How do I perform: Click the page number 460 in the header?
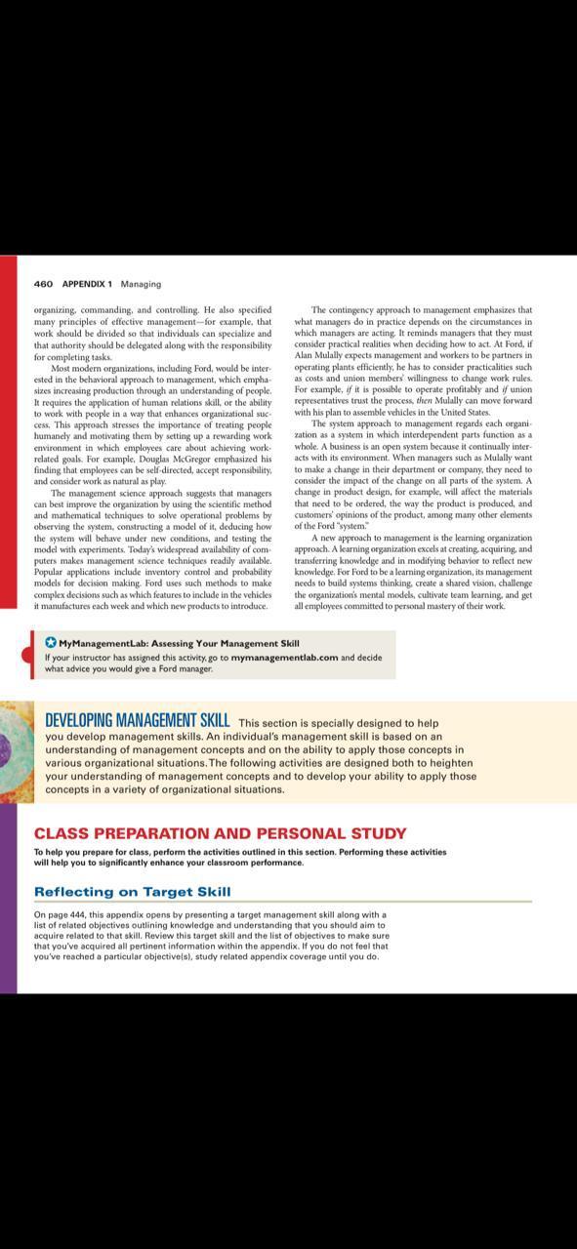point(42,284)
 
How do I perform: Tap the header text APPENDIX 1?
point(87,284)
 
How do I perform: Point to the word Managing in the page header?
point(141,284)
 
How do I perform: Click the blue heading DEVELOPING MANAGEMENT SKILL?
point(138,721)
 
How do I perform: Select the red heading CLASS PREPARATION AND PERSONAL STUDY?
point(220,833)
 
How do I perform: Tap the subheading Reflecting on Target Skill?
point(132,891)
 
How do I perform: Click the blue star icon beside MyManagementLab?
point(51,643)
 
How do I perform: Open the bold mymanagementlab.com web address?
point(284,657)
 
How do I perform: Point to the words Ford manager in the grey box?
point(184,668)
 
